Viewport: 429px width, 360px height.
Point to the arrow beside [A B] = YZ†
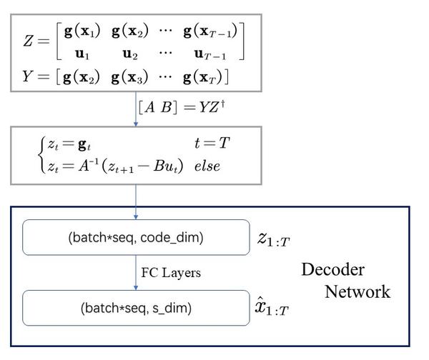[x=136, y=111]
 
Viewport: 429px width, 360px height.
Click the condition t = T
[x=212, y=143]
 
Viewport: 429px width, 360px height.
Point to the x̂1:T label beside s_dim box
[x=275, y=309]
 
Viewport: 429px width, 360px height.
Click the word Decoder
[x=332, y=269]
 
